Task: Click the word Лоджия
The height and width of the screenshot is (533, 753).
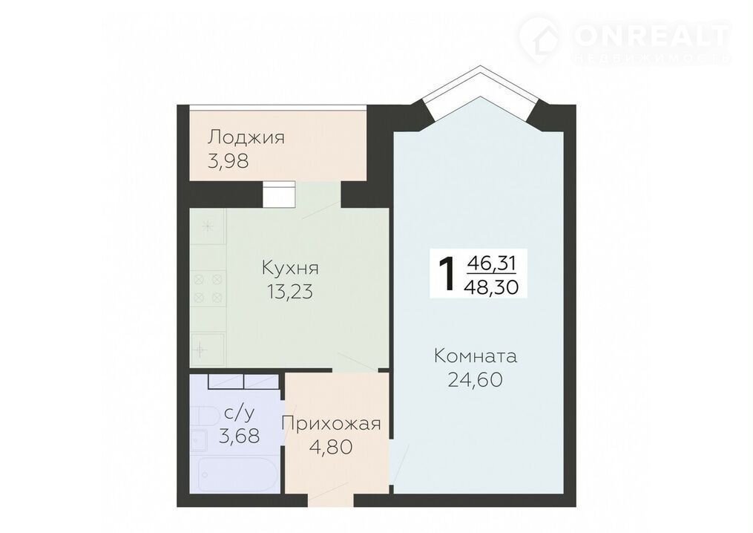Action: point(246,138)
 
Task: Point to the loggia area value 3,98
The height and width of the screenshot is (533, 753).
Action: point(228,161)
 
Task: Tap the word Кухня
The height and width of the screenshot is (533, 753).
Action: point(290,268)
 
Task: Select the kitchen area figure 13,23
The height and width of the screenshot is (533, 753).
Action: point(290,291)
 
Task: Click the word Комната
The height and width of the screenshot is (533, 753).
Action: point(476,356)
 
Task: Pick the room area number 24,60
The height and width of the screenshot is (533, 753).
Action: point(476,379)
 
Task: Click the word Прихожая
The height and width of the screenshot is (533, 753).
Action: point(331,424)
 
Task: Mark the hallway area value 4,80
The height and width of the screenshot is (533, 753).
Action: point(331,448)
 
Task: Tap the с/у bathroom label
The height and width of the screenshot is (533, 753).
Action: point(239,413)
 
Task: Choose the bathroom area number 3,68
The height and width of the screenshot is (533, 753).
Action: point(239,436)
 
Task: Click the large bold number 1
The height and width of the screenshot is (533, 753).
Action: point(447,273)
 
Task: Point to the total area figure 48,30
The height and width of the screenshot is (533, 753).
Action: point(491,287)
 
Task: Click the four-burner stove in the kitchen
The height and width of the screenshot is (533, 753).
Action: point(208,288)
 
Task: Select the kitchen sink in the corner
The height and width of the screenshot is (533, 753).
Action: point(208,349)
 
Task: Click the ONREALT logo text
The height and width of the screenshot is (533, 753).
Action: point(652,35)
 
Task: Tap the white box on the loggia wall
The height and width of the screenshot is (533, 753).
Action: point(278,194)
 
